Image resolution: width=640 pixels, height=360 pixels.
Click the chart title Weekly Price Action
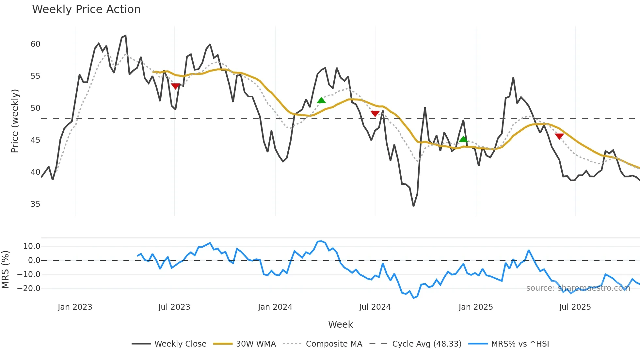86,9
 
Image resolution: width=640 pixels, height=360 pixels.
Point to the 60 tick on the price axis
35,44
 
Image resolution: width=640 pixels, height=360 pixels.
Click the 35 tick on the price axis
35,204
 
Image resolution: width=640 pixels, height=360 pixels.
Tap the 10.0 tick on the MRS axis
32,246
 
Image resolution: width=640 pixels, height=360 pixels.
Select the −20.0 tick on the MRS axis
29,288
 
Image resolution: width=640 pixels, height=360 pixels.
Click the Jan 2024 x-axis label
275,307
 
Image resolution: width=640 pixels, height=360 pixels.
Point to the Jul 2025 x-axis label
575,307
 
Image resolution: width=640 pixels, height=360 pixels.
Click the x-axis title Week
340,324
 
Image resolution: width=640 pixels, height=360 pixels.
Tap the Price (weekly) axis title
15,121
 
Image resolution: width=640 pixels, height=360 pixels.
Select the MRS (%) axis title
5,270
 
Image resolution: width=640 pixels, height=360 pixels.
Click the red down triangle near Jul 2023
175,86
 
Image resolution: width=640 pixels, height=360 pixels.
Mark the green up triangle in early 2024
321,100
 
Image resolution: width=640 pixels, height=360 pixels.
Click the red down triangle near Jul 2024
375,113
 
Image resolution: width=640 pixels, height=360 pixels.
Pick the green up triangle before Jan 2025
463,139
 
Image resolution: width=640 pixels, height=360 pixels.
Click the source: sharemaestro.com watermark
578,288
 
